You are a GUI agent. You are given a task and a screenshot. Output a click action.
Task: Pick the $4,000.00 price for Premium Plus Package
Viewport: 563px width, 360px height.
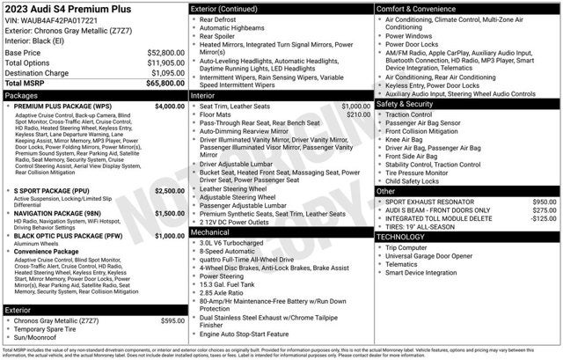point(169,106)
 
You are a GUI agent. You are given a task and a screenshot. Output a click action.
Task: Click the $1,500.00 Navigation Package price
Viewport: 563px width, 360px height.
point(169,213)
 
